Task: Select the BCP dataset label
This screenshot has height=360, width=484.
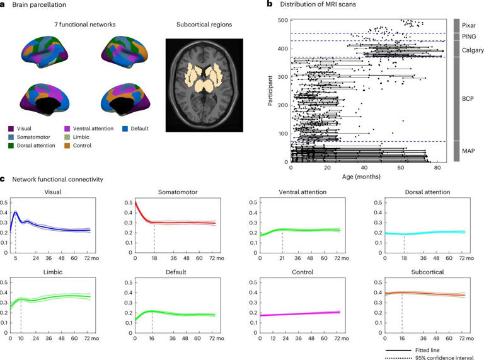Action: (467, 99)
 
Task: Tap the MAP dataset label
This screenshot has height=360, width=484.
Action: (468, 151)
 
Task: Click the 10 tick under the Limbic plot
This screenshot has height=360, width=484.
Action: (21, 339)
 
